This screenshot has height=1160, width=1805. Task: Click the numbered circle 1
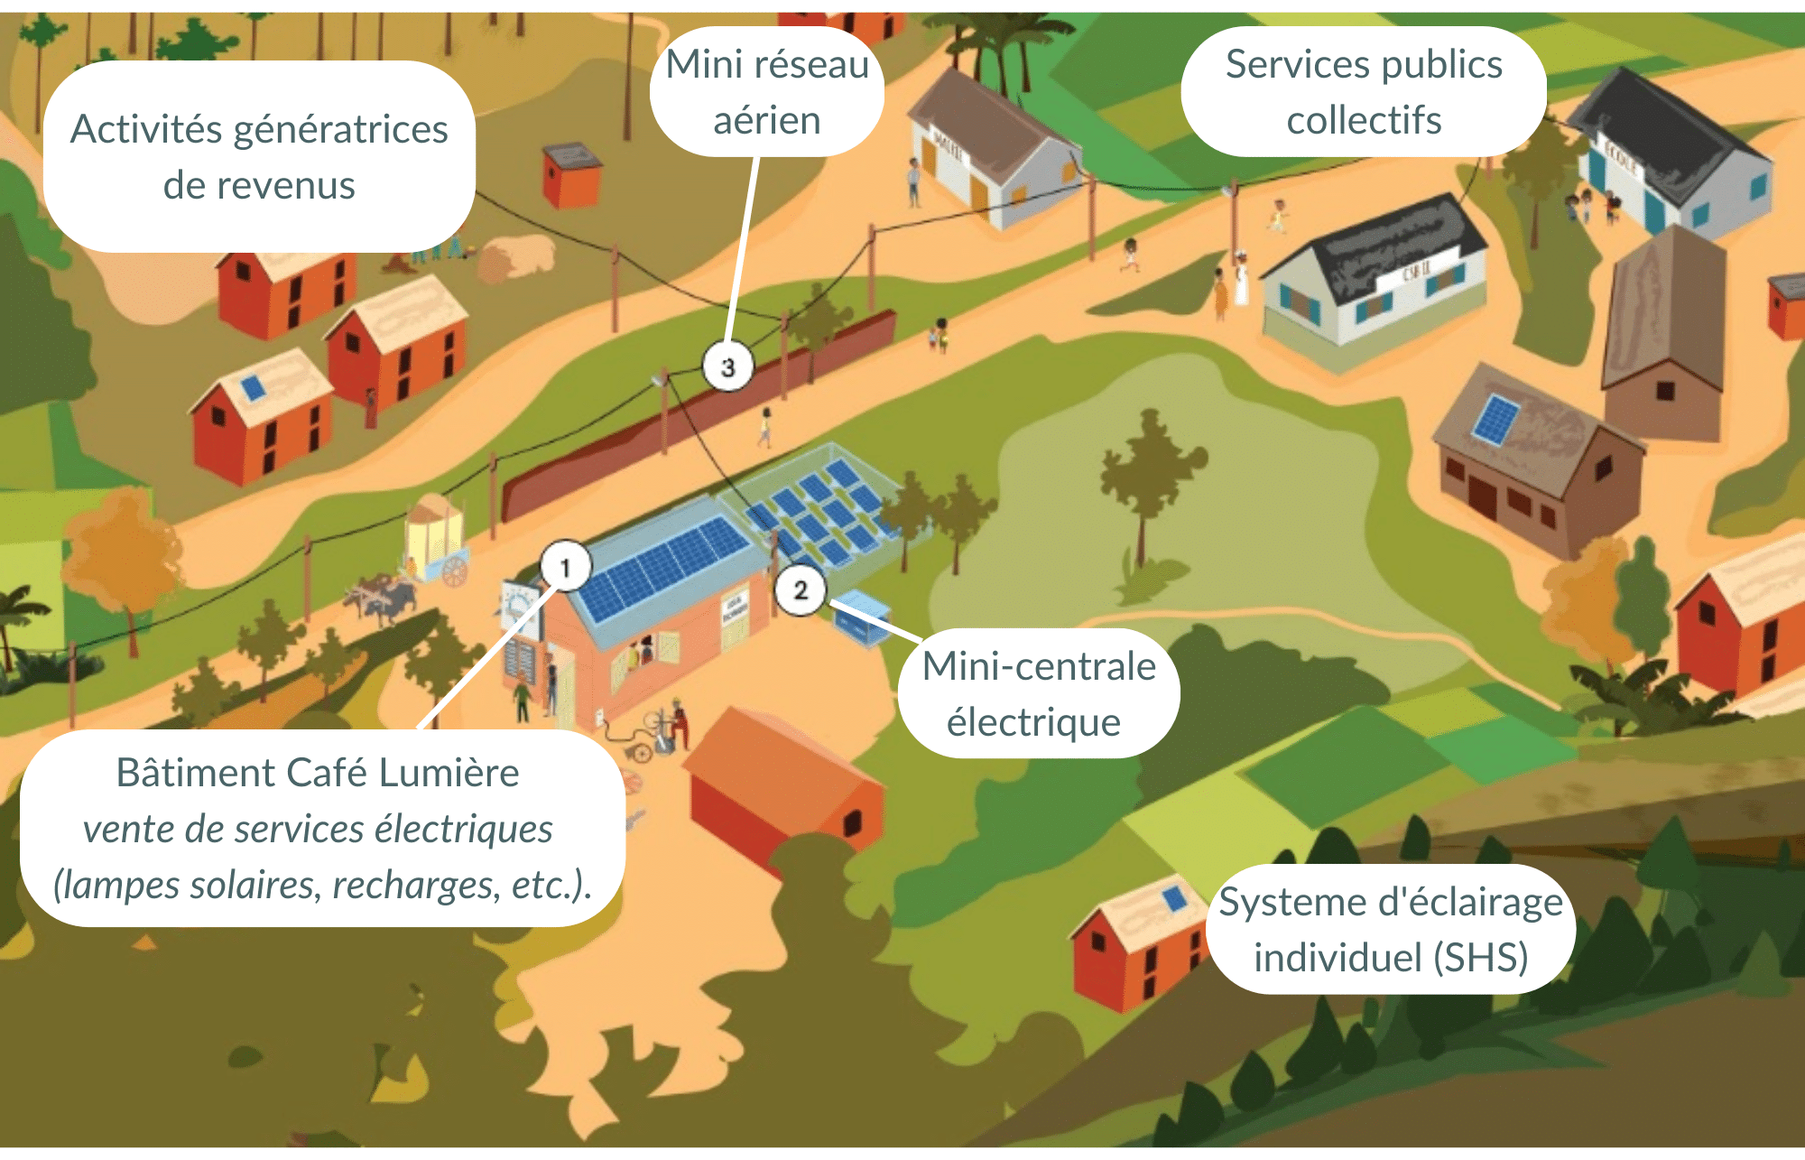[x=566, y=567]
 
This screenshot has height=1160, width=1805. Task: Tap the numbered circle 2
[x=800, y=590]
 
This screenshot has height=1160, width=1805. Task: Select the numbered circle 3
[x=727, y=367]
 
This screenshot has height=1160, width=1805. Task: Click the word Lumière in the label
[x=449, y=774]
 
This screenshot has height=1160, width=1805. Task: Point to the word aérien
[x=766, y=121]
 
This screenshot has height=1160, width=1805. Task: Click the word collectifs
[x=1363, y=121]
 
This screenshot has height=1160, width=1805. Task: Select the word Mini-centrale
[x=1039, y=667]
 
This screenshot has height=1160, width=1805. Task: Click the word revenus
[x=259, y=186]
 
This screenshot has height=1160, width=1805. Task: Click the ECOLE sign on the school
[x=1621, y=159]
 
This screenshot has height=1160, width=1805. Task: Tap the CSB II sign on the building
[x=1415, y=270]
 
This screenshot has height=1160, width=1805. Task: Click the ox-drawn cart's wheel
[x=455, y=571]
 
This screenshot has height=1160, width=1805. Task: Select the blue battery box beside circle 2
[x=861, y=620]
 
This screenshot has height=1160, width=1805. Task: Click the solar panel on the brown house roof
[x=1495, y=420]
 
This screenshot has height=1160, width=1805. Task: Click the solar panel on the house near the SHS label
[x=1174, y=899]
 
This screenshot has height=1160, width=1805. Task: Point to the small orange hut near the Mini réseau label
[x=571, y=174]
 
